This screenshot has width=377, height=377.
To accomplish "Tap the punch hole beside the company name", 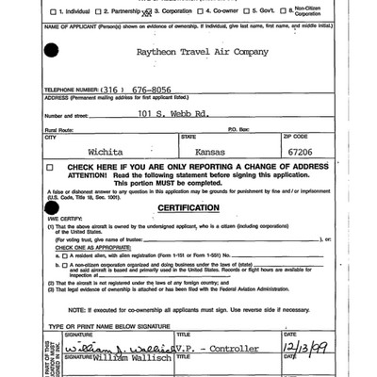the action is tap(49, 52).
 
